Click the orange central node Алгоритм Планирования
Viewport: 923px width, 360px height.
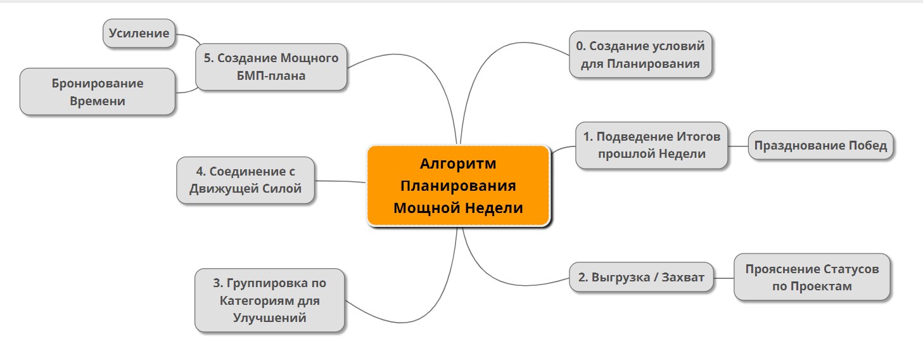(458, 186)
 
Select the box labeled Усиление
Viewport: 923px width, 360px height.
(139, 33)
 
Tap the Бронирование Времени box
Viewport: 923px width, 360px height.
(98, 91)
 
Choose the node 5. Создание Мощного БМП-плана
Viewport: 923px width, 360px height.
(271, 67)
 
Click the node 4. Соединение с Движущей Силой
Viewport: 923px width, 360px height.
(245, 180)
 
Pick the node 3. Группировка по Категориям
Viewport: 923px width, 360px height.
(269, 300)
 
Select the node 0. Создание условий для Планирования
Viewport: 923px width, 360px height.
(640, 55)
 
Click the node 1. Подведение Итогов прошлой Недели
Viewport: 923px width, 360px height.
(651, 145)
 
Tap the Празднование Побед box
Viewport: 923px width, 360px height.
(820, 145)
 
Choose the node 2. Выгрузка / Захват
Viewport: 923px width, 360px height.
(640, 277)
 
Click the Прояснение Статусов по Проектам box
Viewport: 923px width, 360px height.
(812, 277)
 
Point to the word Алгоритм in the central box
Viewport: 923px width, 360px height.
(458, 164)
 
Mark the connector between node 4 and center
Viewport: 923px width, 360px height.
(340, 181)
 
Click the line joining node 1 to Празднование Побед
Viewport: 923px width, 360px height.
(738, 146)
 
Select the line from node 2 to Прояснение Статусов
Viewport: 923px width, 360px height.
(723, 278)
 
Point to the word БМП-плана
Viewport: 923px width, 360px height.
(271, 76)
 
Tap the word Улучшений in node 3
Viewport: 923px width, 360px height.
(269, 318)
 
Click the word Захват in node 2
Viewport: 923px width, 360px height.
(683, 277)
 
